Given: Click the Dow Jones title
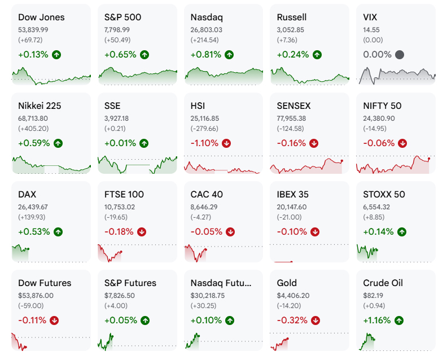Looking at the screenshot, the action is pyautogui.click(x=41, y=17).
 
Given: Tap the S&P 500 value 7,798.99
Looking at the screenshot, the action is pyautogui.click(x=117, y=30).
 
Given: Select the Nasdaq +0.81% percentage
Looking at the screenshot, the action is pyautogui.click(x=206, y=54).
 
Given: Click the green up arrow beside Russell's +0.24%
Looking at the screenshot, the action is pyautogui.click(x=317, y=55).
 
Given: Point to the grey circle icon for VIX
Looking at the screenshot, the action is pyautogui.click(x=400, y=55).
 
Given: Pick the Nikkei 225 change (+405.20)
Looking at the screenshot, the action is pyautogui.click(x=33, y=129).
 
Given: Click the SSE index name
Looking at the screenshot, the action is pyautogui.click(x=112, y=106).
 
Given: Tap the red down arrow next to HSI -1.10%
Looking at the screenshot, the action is pyautogui.click(x=226, y=143).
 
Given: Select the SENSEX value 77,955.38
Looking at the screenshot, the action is pyautogui.click(x=293, y=118).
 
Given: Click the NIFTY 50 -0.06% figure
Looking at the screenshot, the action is pyautogui.click(x=379, y=143).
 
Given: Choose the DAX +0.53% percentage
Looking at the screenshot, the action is pyautogui.click(x=34, y=232).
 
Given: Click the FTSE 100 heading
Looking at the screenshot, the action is pyautogui.click(x=124, y=195).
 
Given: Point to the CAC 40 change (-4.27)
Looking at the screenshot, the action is pyautogui.click(x=201, y=217).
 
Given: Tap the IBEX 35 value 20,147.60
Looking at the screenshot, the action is pyautogui.click(x=292, y=207).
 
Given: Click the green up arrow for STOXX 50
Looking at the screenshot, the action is pyautogui.click(x=402, y=232).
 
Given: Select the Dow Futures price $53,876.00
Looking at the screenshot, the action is pyautogui.click(x=36, y=296).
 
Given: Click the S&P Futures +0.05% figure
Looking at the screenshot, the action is pyautogui.click(x=121, y=321).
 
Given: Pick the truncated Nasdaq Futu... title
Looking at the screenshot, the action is pyautogui.click(x=221, y=283).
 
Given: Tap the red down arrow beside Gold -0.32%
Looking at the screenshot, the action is pyautogui.click(x=315, y=321).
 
